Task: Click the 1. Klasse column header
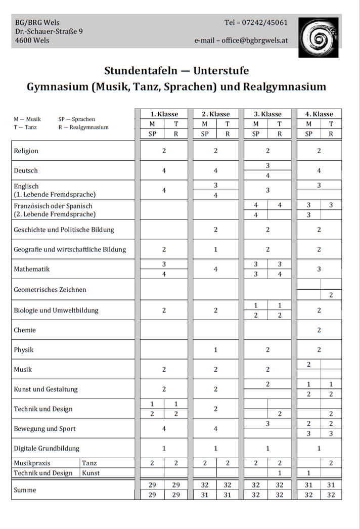(164, 114)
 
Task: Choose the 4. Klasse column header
(319, 114)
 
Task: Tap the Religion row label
(26, 151)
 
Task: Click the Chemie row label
(24, 330)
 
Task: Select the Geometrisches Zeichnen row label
(50, 290)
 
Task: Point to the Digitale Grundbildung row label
(47, 448)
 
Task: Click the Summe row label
(25, 490)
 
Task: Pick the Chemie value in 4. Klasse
(319, 330)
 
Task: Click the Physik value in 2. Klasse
(216, 350)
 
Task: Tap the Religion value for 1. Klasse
(164, 151)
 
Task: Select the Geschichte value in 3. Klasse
(268, 230)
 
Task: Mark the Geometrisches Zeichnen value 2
(331, 295)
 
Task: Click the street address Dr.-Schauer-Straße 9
(50, 31)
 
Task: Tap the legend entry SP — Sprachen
(77, 119)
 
